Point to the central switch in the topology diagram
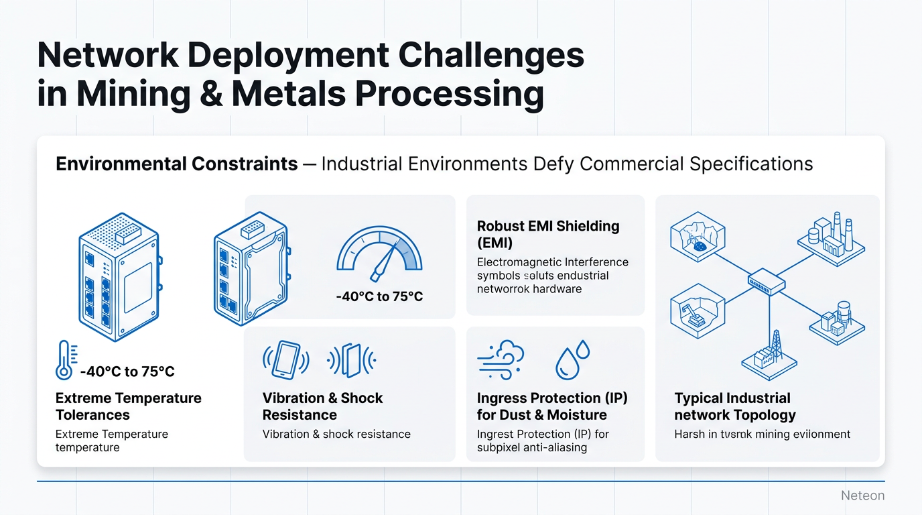pos(767,280)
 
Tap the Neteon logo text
pos(862,496)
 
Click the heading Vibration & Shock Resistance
pos(322,406)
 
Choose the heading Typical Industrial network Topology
pos(735,406)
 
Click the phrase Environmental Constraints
pos(177,164)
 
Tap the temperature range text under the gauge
pos(379,296)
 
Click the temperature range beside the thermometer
pos(127,371)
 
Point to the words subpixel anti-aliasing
pos(532,447)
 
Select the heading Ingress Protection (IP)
pos(552,398)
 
